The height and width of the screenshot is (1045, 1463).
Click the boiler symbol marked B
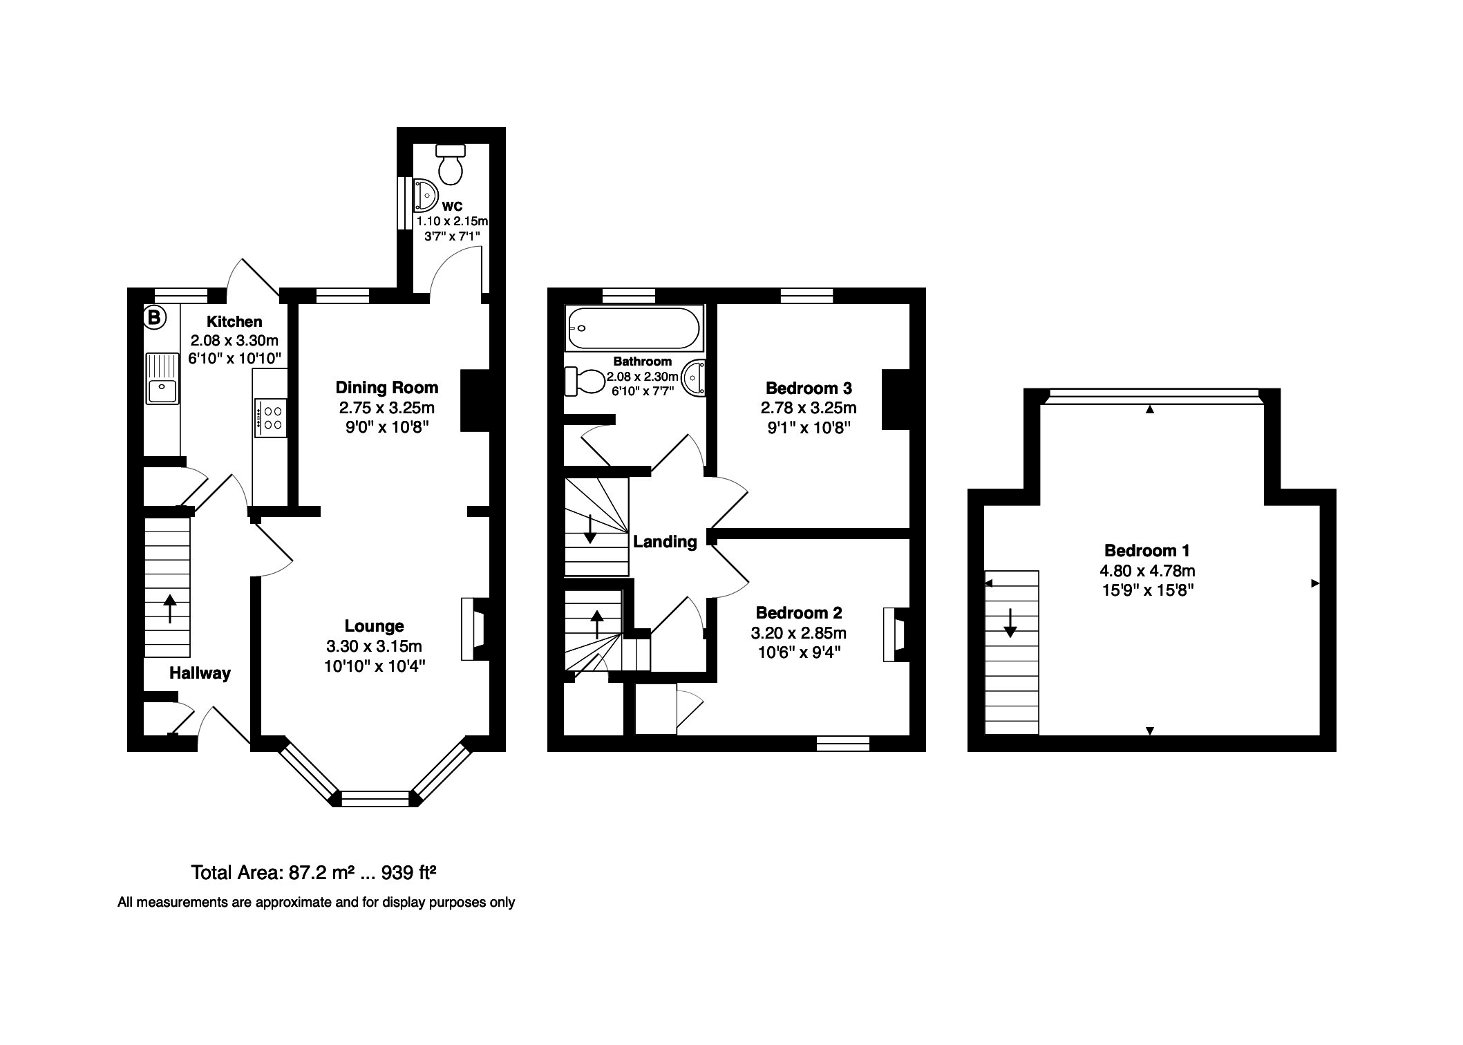coord(154,318)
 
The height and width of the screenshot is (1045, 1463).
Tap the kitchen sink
coord(162,378)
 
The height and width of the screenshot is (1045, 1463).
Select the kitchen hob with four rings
coord(271,417)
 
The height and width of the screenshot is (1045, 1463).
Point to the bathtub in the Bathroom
coord(634,328)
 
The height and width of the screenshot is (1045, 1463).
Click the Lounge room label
coord(374,626)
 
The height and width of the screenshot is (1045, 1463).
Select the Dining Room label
coord(387,387)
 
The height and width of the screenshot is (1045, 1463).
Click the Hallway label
coord(200,673)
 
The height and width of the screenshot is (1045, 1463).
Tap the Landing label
coord(665,542)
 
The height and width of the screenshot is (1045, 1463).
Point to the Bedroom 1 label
coord(1147,551)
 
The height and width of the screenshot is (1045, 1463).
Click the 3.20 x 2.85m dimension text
coord(798,633)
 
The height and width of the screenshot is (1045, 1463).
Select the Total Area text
coord(314,873)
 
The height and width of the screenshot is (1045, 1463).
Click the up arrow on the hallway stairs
coord(169,609)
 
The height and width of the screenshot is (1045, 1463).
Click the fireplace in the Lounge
coord(473,629)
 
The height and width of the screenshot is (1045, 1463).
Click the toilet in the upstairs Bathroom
coord(585,381)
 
